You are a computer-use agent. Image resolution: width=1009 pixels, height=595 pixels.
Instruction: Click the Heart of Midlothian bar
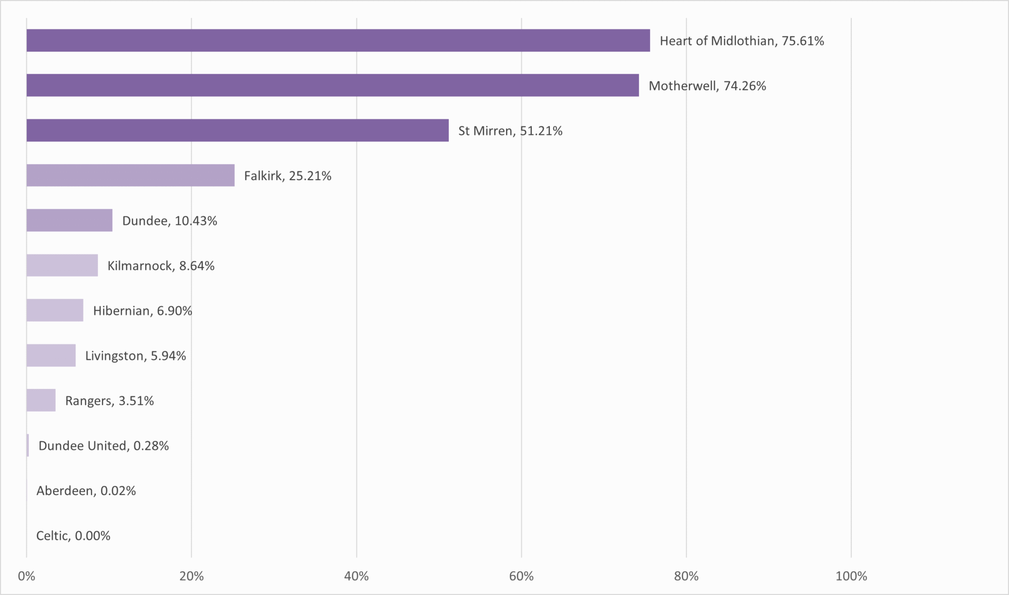(338, 40)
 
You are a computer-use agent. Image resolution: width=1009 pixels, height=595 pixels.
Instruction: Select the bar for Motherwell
(333, 85)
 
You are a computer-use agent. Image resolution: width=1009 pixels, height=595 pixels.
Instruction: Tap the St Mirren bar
(238, 130)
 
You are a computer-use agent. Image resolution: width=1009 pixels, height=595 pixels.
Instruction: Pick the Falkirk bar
(130, 175)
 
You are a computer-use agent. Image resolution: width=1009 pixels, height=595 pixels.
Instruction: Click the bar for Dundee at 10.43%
(69, 220)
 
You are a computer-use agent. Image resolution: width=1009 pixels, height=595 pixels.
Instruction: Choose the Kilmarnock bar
(62, 265)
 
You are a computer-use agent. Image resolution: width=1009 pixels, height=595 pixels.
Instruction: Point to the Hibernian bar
(55, 310)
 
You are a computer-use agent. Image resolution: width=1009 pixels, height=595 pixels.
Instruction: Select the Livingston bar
(51, 355)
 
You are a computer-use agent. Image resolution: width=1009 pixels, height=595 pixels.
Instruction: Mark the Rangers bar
(41, 400)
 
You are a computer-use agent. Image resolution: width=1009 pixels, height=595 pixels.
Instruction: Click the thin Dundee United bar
(28, 445)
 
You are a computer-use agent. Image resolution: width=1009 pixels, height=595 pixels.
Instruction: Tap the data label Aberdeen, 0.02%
(86, 491)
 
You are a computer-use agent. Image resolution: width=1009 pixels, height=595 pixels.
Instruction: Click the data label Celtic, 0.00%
(73, 536)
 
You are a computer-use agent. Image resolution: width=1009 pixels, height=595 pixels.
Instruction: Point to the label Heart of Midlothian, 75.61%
(742, 41)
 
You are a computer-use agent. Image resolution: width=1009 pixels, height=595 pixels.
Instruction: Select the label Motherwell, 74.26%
(707, 86)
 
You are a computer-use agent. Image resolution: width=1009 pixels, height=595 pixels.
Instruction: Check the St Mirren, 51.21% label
(510, 131)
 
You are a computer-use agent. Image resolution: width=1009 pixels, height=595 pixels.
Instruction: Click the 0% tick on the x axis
(26, 576)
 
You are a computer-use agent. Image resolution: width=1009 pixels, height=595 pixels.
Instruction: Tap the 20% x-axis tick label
(191, 576)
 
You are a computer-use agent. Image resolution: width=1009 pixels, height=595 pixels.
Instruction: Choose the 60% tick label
(521, 576)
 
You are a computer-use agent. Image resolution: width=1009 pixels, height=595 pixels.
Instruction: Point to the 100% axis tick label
(851, 576)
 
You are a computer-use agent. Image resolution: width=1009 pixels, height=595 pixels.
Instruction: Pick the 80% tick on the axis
(686, 576)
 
